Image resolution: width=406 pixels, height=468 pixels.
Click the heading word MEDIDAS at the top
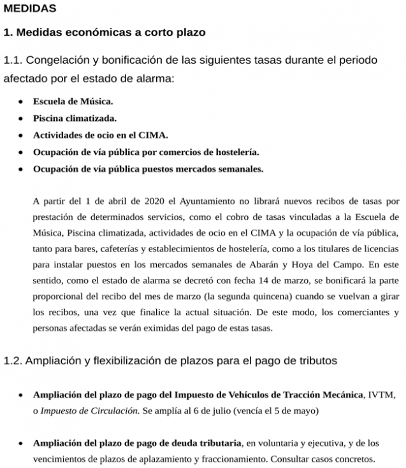coord(30,9)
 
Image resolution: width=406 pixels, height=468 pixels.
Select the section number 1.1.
coord(13,60)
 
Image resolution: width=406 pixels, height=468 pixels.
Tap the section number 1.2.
coord(13,361)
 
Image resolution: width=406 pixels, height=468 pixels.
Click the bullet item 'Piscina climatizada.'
coord(75,118)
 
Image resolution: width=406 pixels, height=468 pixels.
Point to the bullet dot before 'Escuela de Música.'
coord(21,101)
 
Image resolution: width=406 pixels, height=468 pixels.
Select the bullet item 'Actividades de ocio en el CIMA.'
coord(101,135)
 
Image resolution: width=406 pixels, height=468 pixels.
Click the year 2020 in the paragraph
coord(155,201)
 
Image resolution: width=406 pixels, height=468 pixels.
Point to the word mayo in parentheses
coord(305,411)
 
